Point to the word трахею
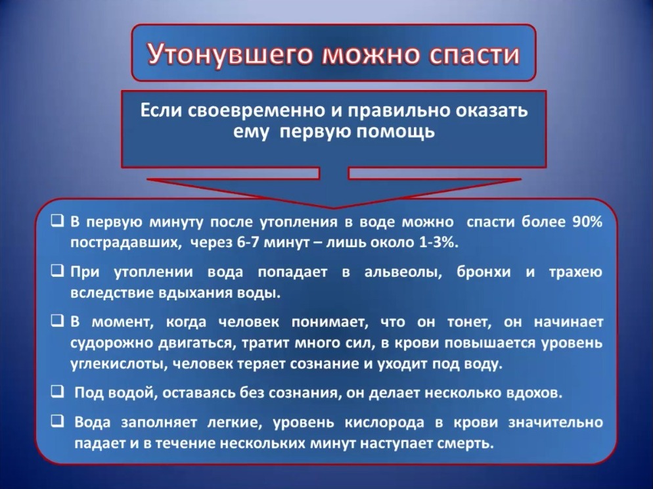575,273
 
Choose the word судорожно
112,344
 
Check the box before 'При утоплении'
57,272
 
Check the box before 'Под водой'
57,392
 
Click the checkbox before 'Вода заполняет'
57,422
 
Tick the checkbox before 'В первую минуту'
57,221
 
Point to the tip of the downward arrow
333,208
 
